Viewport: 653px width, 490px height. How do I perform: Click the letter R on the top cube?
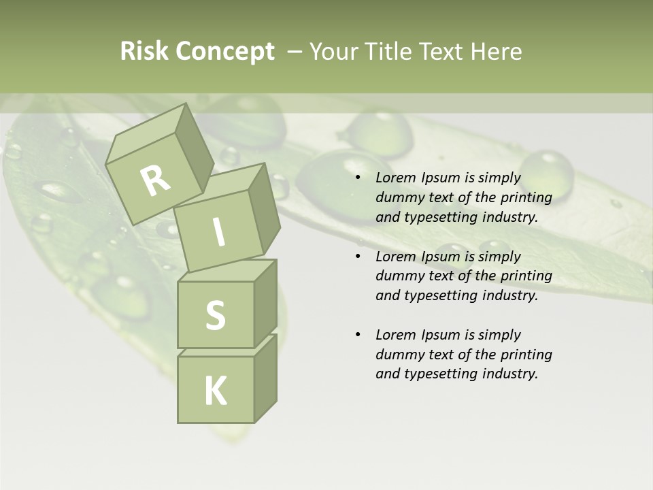point(155,181)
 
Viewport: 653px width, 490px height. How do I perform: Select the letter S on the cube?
point(215,315)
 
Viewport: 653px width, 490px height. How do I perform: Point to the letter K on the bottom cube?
point(216,391)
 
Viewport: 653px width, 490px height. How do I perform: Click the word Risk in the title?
point(144,51)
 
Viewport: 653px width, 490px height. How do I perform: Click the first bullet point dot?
point(358,178)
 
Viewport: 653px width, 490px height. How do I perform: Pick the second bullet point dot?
point(358,257)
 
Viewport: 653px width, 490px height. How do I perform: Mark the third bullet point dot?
point(358,335)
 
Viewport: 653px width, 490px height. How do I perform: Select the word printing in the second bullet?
point(526,276)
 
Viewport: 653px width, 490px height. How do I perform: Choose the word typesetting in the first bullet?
point(439,218)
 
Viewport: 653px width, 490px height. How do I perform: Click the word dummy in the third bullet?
point(398,354)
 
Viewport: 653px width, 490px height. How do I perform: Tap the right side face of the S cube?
point(265,303)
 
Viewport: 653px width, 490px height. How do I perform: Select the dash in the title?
point(295,51)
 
